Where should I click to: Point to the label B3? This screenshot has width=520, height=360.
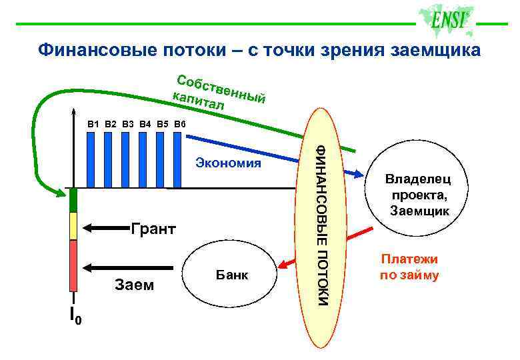point(127,123)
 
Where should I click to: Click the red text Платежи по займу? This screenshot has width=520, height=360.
point(409,267)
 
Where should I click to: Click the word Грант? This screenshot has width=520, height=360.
point(153,230)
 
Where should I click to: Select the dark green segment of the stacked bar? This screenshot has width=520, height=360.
point(74,200)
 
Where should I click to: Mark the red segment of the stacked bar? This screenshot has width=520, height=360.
point(74,267)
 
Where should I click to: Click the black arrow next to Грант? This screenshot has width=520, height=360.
point(103,229)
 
